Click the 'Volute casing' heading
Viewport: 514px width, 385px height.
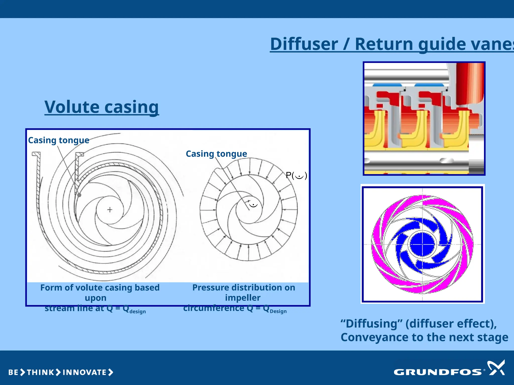(x=102, y=107)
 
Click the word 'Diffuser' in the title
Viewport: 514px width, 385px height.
(x=304, y=44)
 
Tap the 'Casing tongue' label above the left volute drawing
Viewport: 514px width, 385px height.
(x=58, y=140)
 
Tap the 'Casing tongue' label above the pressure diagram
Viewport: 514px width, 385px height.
(x=216, y=154)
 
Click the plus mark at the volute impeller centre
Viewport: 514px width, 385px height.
(x=110, y=210)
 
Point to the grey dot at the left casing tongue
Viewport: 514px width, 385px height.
(x=79, y=195)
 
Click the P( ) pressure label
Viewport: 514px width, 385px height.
(x=296, y=175)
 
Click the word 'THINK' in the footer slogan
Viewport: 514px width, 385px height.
(x=40, y=372)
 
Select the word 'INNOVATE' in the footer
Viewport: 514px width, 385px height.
(x=85, y=372)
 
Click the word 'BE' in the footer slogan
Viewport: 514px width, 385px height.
(x=13, y=372)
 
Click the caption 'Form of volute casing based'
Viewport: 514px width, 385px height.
(x=100, y=287)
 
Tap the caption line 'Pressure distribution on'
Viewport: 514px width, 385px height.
(x=243, y=287)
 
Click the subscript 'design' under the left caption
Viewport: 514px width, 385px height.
(x=138, y=312)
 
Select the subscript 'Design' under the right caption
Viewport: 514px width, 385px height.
(x=278, y=311)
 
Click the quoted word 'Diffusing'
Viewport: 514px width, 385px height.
(x=372, y=324)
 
